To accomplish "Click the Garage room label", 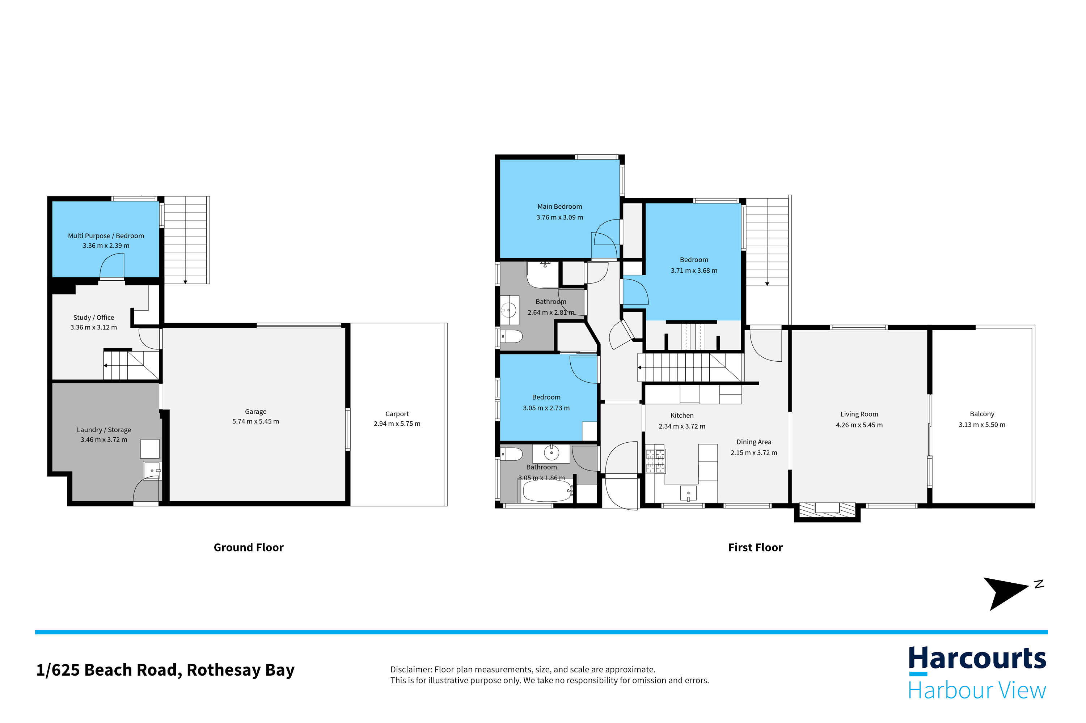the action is (255, 412).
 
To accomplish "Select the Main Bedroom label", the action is (559, 207).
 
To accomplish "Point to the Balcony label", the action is (982, 414).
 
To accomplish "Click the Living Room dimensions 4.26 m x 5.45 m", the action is (859, 425).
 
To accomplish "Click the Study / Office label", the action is (94, 318).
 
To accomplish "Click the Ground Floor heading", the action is (249, 547).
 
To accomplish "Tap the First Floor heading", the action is (755, 547).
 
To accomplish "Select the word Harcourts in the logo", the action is (977, 659).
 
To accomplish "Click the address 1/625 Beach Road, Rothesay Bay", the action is (165, 670).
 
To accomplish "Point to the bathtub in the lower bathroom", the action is (548, 491).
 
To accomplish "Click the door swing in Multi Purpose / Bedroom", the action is (112, 265).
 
